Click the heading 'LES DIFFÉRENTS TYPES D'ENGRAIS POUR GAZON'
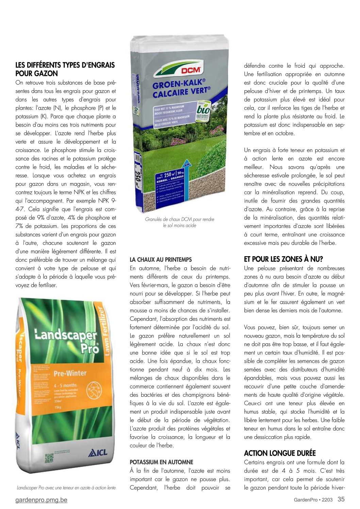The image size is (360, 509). click(x=65, y=69)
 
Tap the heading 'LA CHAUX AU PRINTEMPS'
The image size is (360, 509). click(x=161, y=260)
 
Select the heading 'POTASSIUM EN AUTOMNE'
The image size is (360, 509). click(x=161, y=462)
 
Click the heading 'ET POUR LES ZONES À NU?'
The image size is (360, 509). click(x=283, y=259)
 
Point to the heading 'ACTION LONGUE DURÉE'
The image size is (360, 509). click(x=280, y=453)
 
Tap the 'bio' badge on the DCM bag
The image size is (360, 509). click(x=203, y=111)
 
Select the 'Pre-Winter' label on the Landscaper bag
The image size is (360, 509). click(x=70, y=373)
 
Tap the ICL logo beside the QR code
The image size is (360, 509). click(x=98, y=453)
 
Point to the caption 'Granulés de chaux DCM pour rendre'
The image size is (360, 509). click(x=180, y=219)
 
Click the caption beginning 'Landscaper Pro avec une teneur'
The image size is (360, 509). click(x=66, y=488)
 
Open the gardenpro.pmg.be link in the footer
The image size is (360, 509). click(x=41, y=500)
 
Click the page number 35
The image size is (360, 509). click(x=341, y=499)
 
